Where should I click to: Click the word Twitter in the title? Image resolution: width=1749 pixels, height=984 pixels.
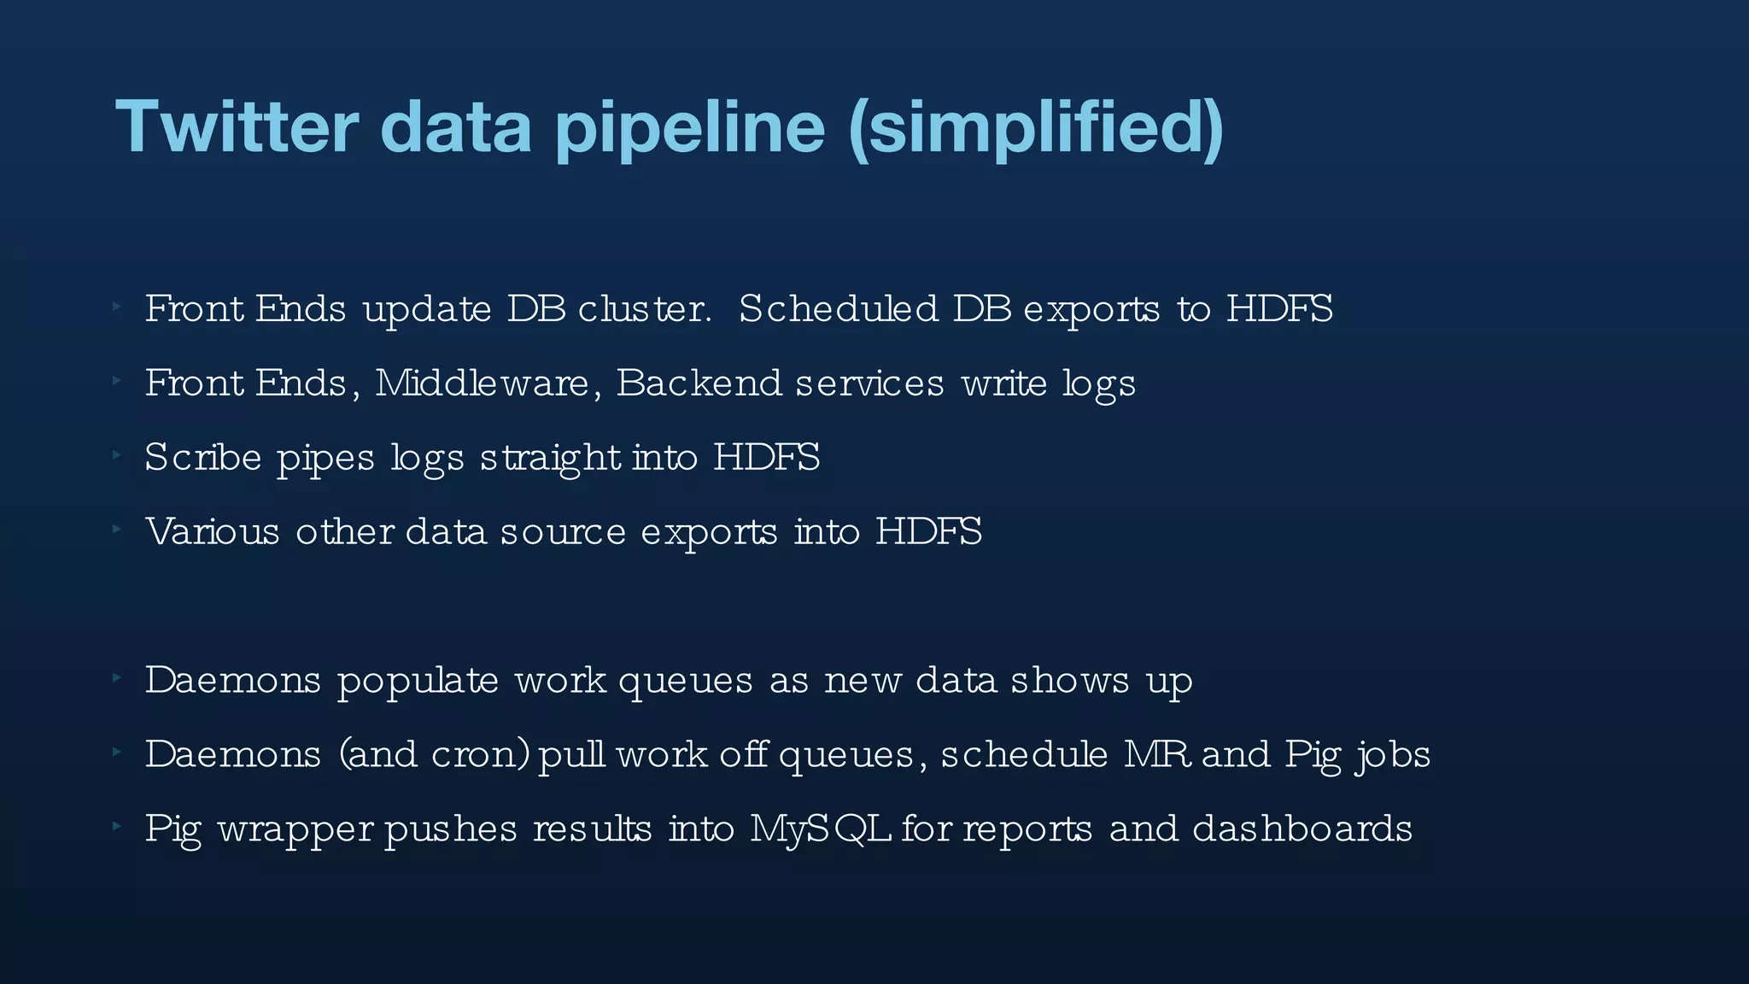point(237,127)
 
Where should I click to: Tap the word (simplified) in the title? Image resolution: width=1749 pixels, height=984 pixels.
point(1036,127)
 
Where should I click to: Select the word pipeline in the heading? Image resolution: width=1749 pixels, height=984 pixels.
point(690,127)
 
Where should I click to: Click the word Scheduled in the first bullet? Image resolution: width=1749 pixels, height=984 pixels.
point(838,308)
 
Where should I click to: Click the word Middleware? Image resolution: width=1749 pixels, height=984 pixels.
point(482,383)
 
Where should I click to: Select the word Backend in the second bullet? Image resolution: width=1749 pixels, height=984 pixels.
point(698,383)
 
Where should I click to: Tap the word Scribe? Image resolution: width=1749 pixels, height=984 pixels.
point(202,457)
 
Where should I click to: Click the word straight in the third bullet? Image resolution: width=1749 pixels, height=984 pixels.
point(550,459)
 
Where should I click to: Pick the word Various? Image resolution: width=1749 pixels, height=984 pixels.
point(212,531)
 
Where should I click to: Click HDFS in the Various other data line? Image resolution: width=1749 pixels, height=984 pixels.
point(928,531)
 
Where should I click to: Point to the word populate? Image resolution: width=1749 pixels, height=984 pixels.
point(418,682)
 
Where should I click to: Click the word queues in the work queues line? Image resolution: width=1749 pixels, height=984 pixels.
point(686,682)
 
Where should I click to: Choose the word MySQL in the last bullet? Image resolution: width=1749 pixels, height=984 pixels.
point(821,829)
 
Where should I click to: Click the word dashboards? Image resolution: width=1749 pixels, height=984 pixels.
point(1302,829)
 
